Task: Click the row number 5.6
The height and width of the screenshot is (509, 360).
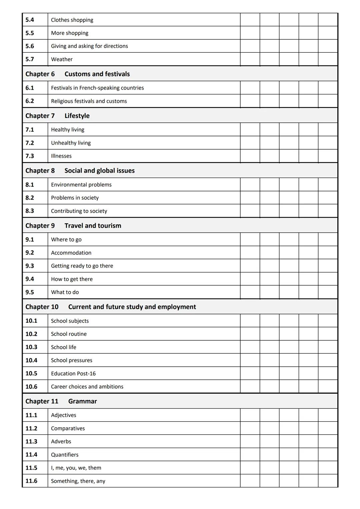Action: [x=30, y=46]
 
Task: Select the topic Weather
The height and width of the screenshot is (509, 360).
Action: [x=62, y=59]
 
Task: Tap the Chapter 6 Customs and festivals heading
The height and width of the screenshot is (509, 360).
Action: [x=78, y=74]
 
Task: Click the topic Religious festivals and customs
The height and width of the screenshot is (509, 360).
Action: [x=89, y=101]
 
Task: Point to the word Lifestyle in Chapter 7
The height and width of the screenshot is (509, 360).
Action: [x=77, y=116]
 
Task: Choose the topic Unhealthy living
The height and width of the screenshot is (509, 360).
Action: [x=71, y=143]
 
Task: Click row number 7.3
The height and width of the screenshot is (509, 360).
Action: [x=30, y=156]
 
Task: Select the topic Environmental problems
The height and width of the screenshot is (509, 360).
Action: [x=81, y=185]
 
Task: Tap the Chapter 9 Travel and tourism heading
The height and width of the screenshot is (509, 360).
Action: [x=73, y=226]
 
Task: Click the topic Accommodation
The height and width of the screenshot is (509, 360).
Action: [x=71, y=253]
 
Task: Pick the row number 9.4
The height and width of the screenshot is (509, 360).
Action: [x=30, y=279]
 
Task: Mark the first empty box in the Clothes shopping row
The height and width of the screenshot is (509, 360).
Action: [x=250, y=20]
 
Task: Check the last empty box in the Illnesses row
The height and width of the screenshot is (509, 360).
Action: [x=328, y=156]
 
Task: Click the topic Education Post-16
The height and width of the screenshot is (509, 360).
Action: [x=73, y=374]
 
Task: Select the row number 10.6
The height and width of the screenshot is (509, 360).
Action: [x=31, y=387]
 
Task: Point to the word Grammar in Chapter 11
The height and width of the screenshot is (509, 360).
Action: [x=82, y=401]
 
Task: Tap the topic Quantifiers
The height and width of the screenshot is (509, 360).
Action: [x=65, y=455]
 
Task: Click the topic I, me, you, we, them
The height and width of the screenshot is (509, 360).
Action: [x=76, y=468]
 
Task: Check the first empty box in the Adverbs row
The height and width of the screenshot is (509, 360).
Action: [x=250, y=441]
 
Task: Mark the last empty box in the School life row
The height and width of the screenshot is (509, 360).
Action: [x=328, y=347]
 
